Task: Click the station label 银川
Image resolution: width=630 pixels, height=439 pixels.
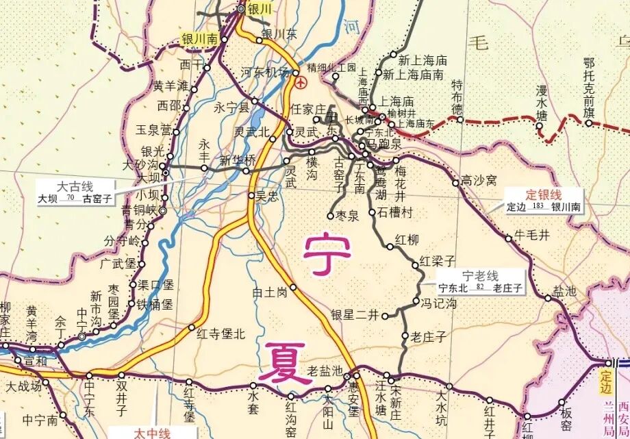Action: point(262,10)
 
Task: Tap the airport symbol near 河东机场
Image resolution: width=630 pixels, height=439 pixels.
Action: point(302,83)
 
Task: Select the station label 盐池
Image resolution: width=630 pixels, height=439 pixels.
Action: point(565,291)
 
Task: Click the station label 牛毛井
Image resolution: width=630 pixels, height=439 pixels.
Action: point(532,235)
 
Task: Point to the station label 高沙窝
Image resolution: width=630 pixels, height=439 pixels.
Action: point(478,181)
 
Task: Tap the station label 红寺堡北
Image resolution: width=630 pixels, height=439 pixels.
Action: point(220,334)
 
